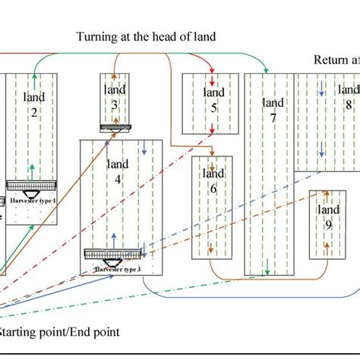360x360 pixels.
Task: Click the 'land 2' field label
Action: click(x=34, y=105)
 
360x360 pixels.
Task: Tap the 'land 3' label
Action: click(x=115, y=97)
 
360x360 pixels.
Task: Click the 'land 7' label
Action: click(x=273, y=109)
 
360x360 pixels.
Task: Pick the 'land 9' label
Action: click(x=328, y=216)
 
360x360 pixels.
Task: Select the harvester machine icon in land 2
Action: click(x=33, y=185)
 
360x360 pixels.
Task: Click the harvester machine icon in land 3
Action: click(x=115, y=127)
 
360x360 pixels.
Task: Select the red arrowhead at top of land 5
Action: click(x=211, y=83)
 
